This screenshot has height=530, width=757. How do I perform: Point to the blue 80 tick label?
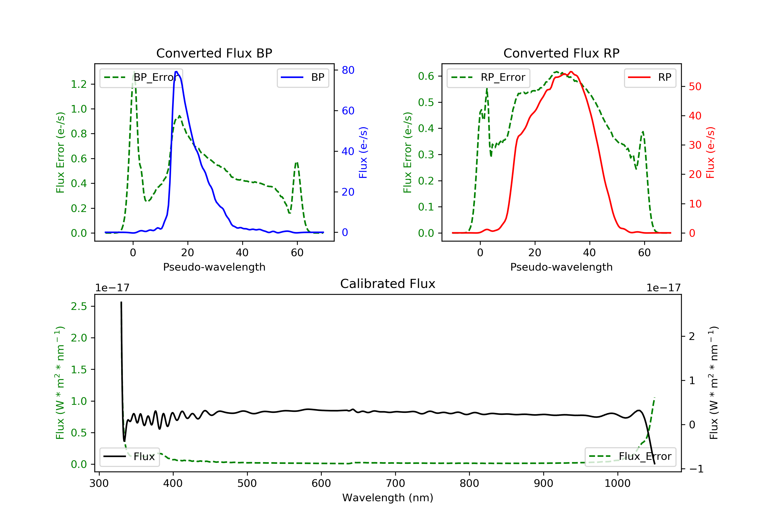pos(348,70)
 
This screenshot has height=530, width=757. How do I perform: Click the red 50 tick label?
pos(695,87)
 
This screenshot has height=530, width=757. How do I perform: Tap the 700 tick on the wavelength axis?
pos(395,484)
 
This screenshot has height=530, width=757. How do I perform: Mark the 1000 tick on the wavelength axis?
pos(617,484)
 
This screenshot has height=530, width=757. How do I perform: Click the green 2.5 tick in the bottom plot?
pos(79,306)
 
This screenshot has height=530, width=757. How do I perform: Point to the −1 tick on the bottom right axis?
pos(696,469)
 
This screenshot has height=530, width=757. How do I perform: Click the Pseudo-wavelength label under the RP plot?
pos(561,267)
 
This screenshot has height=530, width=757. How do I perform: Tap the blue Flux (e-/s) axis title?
pos(363,152)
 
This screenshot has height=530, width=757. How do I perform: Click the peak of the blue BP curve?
pos(176,72)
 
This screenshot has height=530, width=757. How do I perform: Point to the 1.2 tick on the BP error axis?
pos(79,85)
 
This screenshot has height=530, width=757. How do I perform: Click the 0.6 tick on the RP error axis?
pos(426,76)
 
